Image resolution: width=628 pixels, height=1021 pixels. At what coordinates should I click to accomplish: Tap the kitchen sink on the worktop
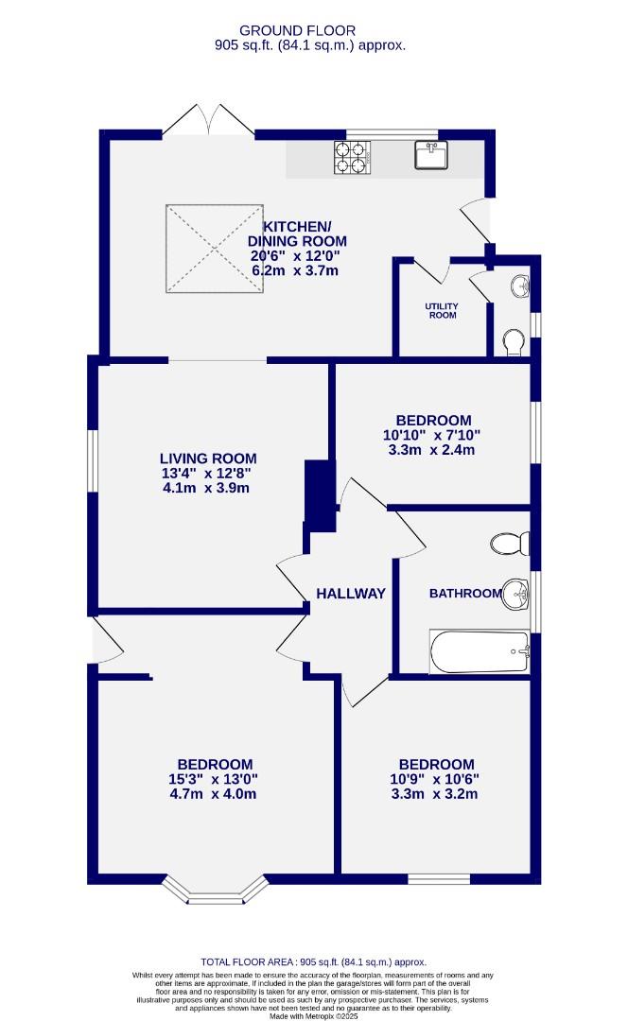coord(431,155)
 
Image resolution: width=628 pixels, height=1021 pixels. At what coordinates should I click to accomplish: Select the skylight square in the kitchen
coord(214,248)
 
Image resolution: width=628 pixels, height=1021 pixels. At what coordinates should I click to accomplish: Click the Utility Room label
coord(441,311)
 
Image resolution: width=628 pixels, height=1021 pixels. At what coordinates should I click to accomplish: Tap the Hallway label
coord(351,594)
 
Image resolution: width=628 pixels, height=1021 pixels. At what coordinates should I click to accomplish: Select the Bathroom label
coord(464,594)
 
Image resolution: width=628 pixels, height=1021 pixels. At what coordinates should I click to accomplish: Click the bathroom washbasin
coord(516,595)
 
